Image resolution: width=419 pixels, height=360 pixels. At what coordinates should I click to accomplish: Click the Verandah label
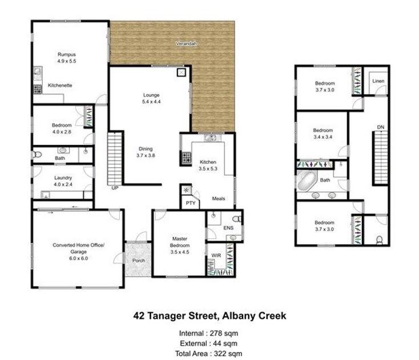coord(186,43)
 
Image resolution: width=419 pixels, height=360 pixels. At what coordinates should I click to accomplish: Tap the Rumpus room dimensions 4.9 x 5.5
coord(67,61)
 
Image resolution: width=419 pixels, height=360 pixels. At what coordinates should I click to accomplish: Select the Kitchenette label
coord(60,85)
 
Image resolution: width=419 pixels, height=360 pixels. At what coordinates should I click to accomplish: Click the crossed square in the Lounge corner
coord(182,72)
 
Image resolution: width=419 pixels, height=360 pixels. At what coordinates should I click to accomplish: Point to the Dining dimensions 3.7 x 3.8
coord(146,155)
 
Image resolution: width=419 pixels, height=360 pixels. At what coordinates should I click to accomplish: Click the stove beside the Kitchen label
coord(187,157)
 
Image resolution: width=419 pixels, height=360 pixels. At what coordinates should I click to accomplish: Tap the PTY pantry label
coord(191,203)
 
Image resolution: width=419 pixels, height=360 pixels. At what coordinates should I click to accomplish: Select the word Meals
coord(218,199)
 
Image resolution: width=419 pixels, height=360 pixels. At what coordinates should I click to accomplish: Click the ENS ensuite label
coord(228,228)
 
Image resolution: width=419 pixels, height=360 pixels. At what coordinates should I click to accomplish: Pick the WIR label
coord(216,256)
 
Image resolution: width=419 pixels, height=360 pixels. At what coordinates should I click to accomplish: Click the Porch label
coord(139,260)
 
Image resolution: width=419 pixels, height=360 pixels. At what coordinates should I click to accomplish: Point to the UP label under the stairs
coord(115,188)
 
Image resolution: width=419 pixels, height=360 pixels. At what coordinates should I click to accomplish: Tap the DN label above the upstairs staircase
coord(381,127)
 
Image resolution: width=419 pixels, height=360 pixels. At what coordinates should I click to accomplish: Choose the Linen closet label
coord(378,81)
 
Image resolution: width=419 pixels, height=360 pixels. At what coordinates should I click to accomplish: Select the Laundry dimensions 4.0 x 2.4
coord(63,184)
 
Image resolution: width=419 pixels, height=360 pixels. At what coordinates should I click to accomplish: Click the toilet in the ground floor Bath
coord(37,155)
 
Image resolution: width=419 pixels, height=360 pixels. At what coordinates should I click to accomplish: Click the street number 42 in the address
coord(139,315)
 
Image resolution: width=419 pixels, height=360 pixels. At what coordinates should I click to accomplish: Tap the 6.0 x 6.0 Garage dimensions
coord(79,258)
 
